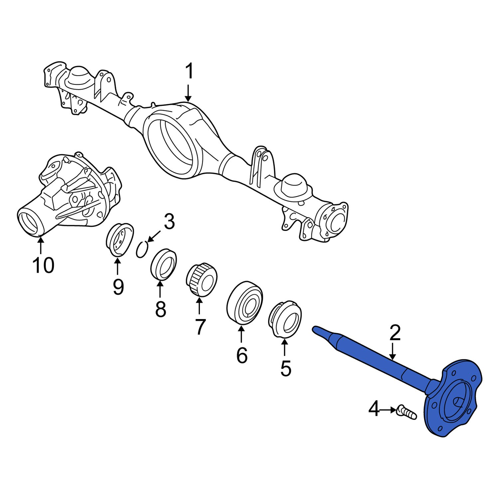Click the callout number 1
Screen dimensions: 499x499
point(189,72)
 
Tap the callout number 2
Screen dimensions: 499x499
point(395,333)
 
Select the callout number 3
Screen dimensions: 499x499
point(169,222)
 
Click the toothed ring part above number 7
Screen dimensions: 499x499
point(201,279)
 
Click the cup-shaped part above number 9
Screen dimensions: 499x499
point(119,240)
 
